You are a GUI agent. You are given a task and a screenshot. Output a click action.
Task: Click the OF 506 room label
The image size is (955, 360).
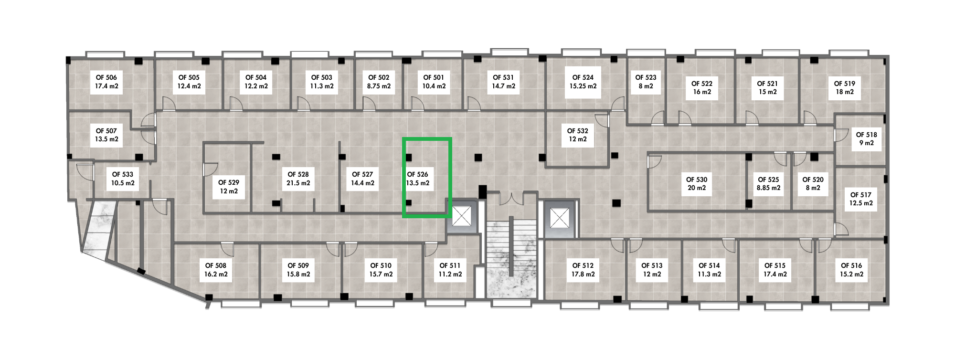pyautogui.click(x=106, y=77)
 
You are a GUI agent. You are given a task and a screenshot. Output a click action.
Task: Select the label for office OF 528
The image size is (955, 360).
pyautogui.click(x=298, y=174)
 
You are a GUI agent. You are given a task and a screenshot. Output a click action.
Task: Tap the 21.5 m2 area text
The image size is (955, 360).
pyautogui.click(x=298, y=183)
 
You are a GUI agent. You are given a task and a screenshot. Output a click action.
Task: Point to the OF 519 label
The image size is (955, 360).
pyautogui.click(x=845, y=84)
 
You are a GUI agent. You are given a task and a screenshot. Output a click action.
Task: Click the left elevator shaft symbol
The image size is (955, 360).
pyautogui.click(x=461, y=216)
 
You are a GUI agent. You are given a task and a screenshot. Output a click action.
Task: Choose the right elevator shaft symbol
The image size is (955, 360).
pyautogui.click(x=558, y=218)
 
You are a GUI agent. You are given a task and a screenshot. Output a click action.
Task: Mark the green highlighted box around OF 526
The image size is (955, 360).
pyautogui.click(x=427, y=178)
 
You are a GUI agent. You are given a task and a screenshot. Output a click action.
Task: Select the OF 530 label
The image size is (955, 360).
pyautogui.click(x=697, y=180)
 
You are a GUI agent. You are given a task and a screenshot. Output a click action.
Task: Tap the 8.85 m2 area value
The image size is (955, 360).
pyautogui.click(x=768, y=188)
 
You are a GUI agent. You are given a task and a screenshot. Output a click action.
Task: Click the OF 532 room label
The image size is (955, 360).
pyautogui.click(x=577, y=131)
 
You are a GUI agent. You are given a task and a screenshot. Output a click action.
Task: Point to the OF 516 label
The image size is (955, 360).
pyautogui.click(x=851, y=265)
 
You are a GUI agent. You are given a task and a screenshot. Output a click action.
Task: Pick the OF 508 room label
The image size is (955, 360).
pyautogui.click(x=216, y=265)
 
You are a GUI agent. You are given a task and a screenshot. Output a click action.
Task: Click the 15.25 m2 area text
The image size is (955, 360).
pyautogui.click(x=583, y=86)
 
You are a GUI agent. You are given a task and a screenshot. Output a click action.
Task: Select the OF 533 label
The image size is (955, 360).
pyautogui.click(x=123, y=174)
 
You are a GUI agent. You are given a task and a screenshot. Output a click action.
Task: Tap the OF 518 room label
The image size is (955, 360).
pyautogui.click(x=866, y=135)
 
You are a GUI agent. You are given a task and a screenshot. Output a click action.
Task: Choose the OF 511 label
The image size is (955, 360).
pyautogui.click(x=450, y=265)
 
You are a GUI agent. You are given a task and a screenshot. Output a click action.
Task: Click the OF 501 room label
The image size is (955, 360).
pyautogui.click(x=434, y=77)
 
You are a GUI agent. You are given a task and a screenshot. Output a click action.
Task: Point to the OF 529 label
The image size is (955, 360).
pyautogui.click(x=229, y=182)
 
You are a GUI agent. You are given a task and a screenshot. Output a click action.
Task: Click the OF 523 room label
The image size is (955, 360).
pyautogui.click(x=646, y=77)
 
